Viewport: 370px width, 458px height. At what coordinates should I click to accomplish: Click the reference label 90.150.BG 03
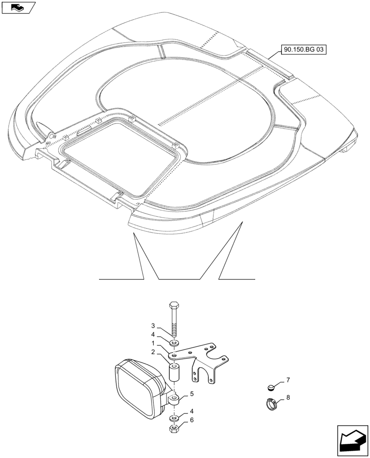(x=303, y=49)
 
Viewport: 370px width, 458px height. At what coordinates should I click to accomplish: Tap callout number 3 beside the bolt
(x=154, y=326)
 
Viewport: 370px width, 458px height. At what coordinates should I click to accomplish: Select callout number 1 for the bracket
(x=154, y=343)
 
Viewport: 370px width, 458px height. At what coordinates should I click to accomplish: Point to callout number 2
(x=154, y=352)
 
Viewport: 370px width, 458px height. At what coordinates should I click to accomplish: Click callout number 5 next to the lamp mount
(x=191, y=393)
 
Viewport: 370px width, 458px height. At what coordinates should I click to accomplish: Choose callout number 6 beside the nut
(x=191, y=420)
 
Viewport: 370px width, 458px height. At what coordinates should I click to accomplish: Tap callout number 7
(x=288, y=380)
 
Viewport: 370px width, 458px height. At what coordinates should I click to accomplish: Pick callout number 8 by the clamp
(x=288, y=398)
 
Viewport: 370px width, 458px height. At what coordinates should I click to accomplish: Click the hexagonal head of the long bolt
(x=174, y=305)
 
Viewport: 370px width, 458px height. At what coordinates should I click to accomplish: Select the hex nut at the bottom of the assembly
(x=174, y=429)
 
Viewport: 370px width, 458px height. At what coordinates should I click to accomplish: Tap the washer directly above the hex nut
(x=174, y=418)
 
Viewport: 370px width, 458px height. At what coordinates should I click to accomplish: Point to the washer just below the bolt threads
(x=174, y=343)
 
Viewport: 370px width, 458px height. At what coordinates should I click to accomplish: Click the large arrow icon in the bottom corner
(x=352, y=440)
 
